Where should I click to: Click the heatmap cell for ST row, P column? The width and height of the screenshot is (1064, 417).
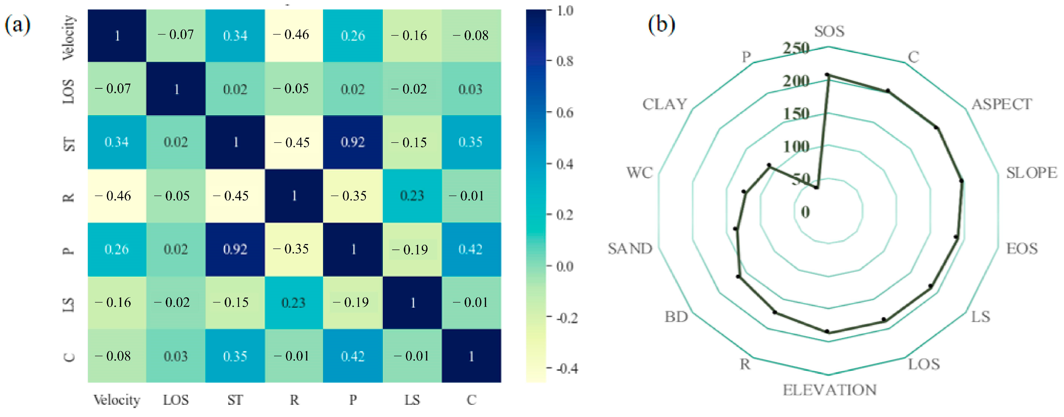[x=353, y=142]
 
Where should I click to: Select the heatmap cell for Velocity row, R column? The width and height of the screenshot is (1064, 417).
[x=294, y=35]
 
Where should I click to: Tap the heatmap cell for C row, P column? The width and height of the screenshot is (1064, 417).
[x=353, y=356]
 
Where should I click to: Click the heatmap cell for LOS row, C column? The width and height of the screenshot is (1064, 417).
[x=471, y=89]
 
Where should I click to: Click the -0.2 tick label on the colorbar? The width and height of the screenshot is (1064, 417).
[x=566, y=318]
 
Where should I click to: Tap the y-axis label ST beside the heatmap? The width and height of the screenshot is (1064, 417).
[x=69, y=143]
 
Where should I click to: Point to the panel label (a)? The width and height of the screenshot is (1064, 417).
[x=17, y=25]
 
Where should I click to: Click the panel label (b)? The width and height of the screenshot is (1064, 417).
[x=661, y=25]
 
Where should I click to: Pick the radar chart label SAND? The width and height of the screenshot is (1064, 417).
[x=630, y=249]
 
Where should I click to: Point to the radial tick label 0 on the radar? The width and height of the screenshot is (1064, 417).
[x=805, y=212]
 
